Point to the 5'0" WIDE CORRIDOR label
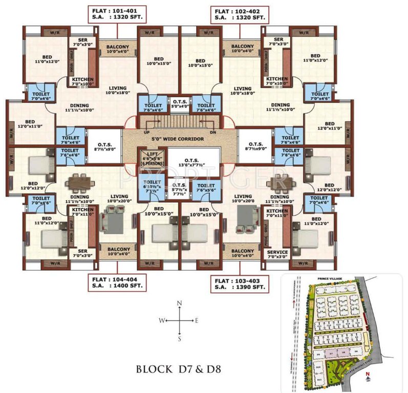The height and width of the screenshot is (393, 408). [x=179, y=139]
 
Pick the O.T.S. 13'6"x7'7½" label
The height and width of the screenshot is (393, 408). [x=194, y=160]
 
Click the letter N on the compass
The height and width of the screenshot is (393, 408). [x=179, y=303]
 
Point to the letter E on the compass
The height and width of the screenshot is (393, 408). [x=197, y=320]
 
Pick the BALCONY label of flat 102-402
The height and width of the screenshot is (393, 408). [x=243, y=48]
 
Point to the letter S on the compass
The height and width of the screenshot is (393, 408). [x=179, y=338]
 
